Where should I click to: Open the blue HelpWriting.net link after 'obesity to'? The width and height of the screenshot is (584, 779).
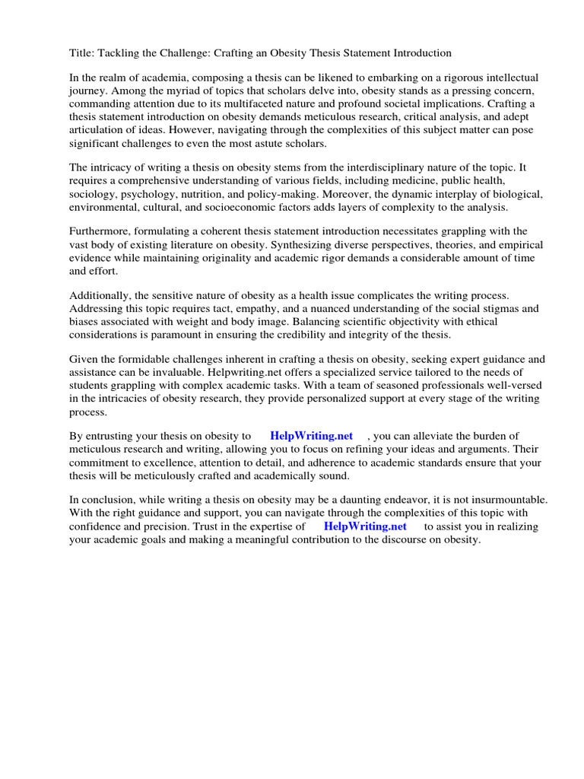tap(312, 436)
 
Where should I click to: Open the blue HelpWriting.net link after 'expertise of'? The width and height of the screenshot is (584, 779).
tap(365, 526)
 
